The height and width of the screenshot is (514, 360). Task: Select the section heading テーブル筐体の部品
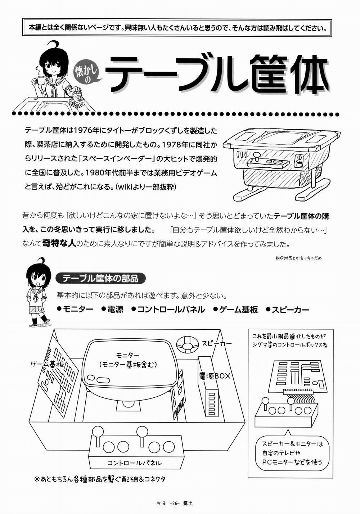click(x=97, y=278)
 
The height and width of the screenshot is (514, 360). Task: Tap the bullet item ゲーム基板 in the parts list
click(x=235, y=309)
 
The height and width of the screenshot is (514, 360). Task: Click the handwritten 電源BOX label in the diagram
click(x=215, y=376)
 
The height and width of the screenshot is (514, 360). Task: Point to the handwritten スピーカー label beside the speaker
click(x=217, y=343)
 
